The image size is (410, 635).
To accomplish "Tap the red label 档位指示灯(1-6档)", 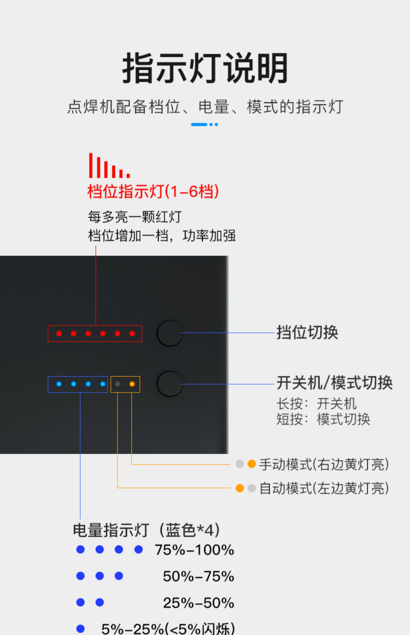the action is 153,191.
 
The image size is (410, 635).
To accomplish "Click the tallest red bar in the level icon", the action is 91,165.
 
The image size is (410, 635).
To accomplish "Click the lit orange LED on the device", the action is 132,384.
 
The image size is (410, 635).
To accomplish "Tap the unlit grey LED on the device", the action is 118,384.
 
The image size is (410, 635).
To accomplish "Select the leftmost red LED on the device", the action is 59,334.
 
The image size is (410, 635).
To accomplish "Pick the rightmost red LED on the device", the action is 132,334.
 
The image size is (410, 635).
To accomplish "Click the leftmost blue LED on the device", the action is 59,384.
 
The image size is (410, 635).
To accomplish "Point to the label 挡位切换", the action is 307,333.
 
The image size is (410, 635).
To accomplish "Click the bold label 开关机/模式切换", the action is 335,383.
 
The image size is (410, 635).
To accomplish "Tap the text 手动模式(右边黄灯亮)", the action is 324,464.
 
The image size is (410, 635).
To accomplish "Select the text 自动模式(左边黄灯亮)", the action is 324,488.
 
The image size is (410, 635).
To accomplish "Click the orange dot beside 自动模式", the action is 240,488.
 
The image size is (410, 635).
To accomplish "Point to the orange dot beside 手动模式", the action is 251,464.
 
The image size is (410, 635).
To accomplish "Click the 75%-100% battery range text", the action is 194,550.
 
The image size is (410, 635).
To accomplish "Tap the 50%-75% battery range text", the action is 198,576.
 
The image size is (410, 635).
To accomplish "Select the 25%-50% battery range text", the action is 198,603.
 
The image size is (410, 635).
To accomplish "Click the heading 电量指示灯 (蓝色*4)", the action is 146,530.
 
